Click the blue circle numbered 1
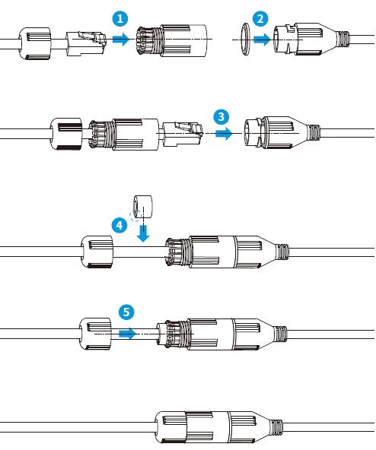pyautogui.click(x=120, y=19)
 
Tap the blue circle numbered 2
pyautogui.click(x=260, y=19)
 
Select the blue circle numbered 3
pyautogui.click(x=221, y=116)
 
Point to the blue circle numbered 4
pyautogui.click(x=119, y=225)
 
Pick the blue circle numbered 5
pyautogui.click(x=126, y=312)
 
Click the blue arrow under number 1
pyautogui.click(x=121, y=39)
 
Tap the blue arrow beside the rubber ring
pyautogui.click(x=262, y=39)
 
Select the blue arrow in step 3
pyautogui.click(x=224, y=133)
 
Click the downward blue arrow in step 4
pyautogui.click(x=143, y=233)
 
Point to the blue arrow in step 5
pyautogui.click(x=127, y=334)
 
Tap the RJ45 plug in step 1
pyautogui.click(x=87, y=43)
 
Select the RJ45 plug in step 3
pyautogui.click(x=183, y=134)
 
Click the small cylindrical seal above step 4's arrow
pyautogui.click(x=143, y=208)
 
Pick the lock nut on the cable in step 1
pyautogui.click(x=35, y=43)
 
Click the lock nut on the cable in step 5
pyautogui.click(x=95, y=334)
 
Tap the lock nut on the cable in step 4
pyautogui.click(x=97, y=252)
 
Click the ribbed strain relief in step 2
pyautogui.click(x=343, y=40)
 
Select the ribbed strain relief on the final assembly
pyautogui.click(x=276, y=427)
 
